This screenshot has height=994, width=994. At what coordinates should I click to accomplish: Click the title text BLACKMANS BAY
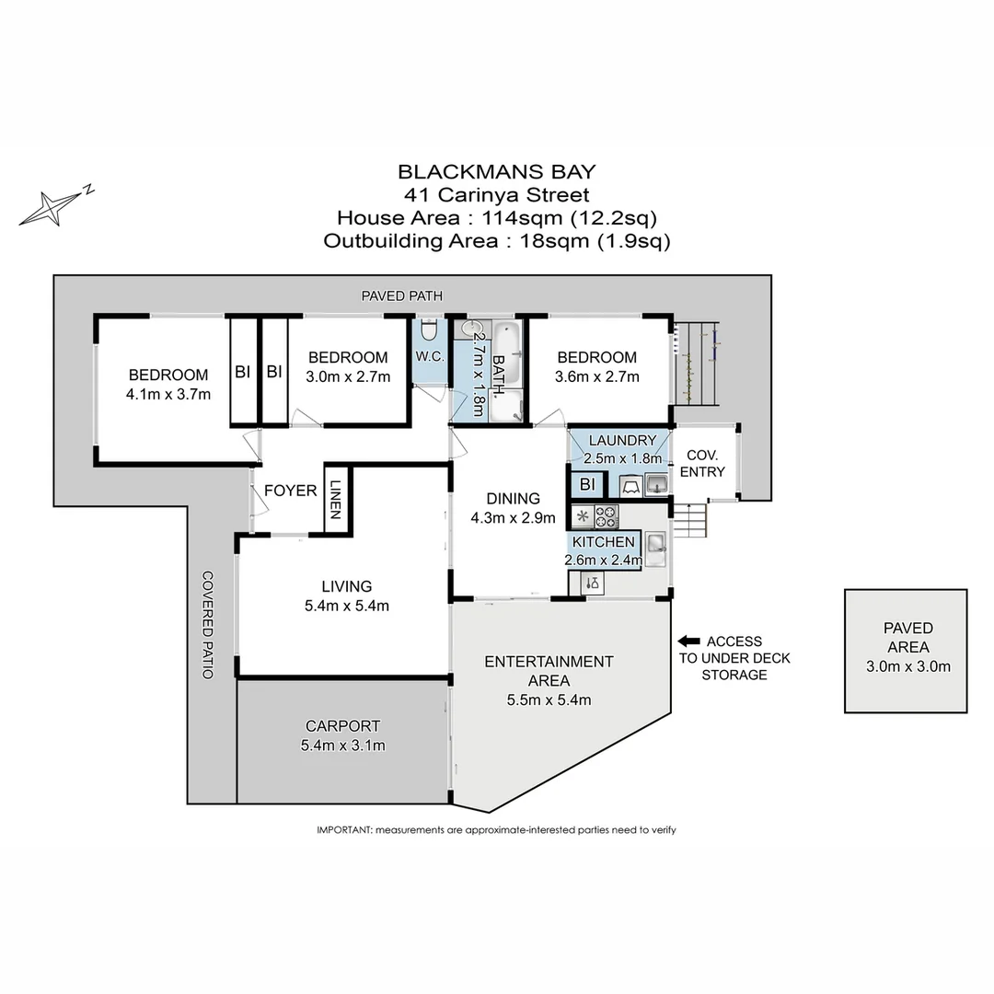(496, 171)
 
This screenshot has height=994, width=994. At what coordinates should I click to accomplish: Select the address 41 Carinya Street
(496, 194)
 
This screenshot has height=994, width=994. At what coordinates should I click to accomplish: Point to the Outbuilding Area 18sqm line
(496, 241)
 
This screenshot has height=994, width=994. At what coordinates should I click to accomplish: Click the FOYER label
(290, 491)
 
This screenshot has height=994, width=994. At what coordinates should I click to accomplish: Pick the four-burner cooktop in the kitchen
(607, 515)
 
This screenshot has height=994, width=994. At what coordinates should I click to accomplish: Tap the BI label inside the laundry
(586, 485)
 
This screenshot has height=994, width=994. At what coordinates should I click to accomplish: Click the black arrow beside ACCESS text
(688, 641)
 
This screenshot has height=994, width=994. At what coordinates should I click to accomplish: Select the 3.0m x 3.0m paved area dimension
(907, 666)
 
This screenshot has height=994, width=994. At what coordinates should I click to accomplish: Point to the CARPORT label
(342, 726)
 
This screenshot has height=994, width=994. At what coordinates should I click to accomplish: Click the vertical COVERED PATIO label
(208, 625)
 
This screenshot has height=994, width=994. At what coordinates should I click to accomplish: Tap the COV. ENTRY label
(702, 463)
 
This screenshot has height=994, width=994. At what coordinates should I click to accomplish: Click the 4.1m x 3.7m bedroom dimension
(169, 395)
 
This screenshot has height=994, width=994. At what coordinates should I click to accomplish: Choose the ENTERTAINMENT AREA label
(549, 671)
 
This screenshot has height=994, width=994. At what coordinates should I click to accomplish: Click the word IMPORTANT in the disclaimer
(344, 829)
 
